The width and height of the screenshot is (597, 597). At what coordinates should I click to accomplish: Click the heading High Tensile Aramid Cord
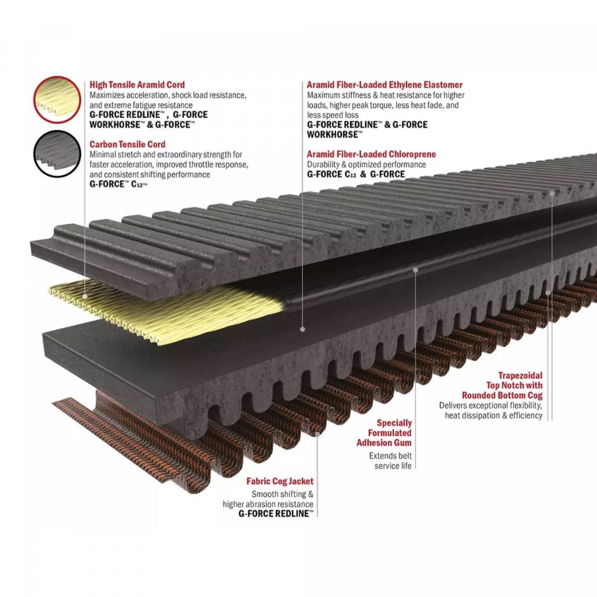137,85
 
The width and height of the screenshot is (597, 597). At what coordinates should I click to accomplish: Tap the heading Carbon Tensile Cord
127,144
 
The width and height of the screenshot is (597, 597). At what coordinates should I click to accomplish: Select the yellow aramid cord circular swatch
57,99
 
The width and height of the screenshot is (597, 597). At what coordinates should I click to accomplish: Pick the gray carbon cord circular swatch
57,154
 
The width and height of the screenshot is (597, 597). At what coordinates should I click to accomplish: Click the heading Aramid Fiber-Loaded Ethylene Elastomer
385,85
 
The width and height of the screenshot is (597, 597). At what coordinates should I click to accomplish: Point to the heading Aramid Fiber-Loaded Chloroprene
371,154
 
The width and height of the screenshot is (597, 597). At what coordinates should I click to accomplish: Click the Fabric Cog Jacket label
280,481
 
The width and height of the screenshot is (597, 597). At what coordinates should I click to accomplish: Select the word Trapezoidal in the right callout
520,376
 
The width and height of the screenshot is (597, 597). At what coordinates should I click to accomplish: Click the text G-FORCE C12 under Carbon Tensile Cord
118,185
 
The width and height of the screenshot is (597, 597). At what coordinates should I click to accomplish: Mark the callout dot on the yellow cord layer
84,296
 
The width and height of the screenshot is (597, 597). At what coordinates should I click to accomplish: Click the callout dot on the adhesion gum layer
415,270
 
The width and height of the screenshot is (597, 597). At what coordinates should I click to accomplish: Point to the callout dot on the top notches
552,193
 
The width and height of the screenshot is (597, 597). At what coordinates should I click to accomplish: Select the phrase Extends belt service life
391,461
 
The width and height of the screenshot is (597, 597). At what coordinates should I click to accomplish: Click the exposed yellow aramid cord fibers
167,310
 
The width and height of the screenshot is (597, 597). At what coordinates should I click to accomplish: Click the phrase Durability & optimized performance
366,164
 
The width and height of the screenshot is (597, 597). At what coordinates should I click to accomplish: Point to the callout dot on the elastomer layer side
302,329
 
